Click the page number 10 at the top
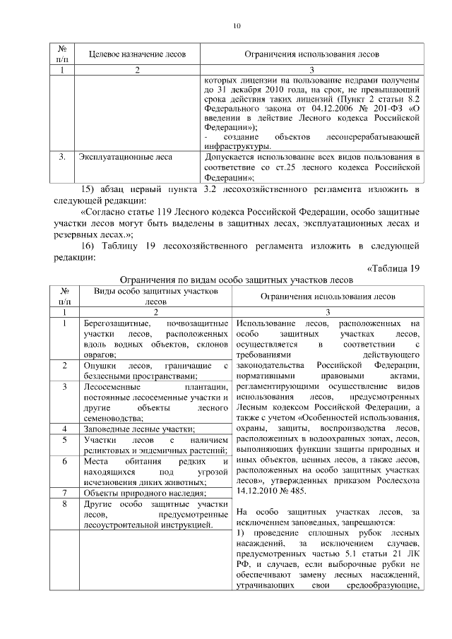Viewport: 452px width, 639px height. pyautogui.click(x=237, y=26)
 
